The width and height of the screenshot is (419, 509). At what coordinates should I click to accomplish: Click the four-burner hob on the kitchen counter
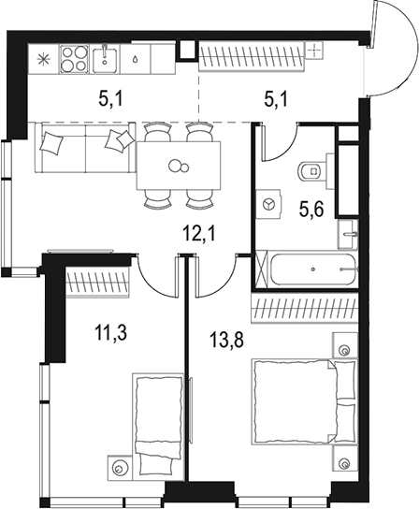coord(74,59)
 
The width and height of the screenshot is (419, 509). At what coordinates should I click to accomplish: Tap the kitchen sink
coord(105,60)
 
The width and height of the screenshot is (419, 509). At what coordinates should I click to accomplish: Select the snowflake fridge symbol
coord(41,59)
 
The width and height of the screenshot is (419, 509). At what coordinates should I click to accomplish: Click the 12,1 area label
coord(196,231)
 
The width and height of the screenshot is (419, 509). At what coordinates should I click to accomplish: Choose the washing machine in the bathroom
coord(272,202)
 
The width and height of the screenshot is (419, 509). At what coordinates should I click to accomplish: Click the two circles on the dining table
coord(177,167)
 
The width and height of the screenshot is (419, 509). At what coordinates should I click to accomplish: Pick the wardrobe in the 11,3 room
coord(97,279)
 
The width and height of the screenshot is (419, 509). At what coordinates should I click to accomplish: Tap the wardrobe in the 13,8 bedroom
coord(307,308)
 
